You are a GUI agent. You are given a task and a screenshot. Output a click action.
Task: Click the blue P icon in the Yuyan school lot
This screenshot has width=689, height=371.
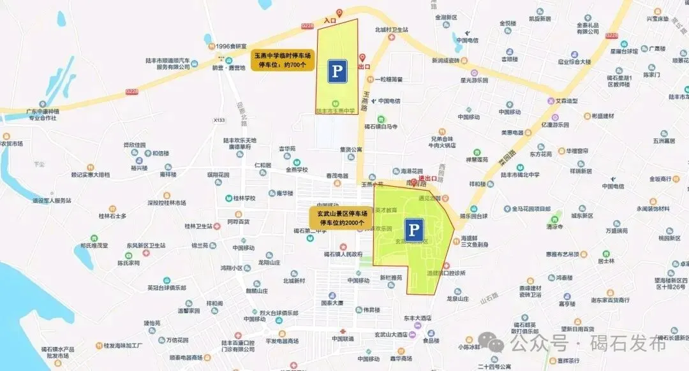pyautogui.click(x=337, y=71)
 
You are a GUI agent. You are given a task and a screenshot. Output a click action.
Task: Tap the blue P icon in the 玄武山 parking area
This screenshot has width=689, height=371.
pyautogui.click(x=415, y=230)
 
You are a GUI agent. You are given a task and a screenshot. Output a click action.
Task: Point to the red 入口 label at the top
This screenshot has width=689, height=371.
pyautogui.click(x=329, y=20)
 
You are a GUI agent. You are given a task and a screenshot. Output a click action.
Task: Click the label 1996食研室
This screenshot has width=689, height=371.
pyautogui.click(x=231, y=47)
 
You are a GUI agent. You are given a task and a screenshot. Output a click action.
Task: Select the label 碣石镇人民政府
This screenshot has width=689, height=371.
pyautogui.click(x=348, y=254)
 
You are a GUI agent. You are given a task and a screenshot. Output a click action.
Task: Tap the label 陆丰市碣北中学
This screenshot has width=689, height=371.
pyautogui.click(x=521, y=174)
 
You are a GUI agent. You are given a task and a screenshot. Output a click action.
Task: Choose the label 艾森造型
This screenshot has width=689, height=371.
pyautogui.click(x=565, y=101)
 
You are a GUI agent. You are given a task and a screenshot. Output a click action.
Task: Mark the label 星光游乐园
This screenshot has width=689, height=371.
pyautogui.click(x=474, y=81)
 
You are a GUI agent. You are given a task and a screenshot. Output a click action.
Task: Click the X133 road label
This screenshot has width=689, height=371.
pyautogui.click(x=219, y=120)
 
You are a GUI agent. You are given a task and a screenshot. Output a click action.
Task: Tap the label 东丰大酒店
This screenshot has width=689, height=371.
pyautogui.click(x=417, y=317)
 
